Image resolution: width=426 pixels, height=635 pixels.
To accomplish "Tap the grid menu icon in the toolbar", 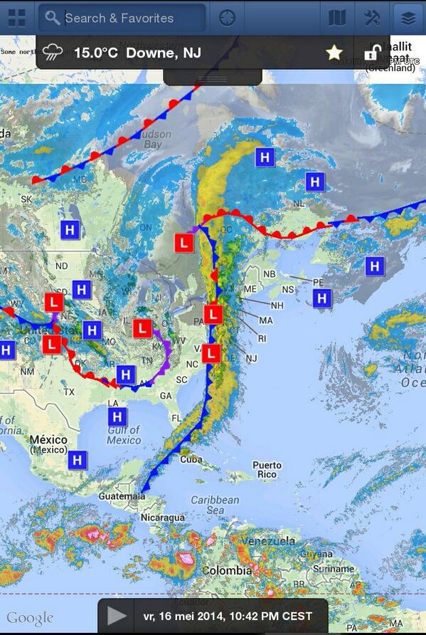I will [16, 17].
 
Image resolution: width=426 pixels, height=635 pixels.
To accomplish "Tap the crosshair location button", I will [227, 17].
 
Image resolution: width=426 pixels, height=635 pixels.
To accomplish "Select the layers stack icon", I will [408, 17].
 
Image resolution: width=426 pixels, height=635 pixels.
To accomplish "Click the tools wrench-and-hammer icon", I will [372, 17].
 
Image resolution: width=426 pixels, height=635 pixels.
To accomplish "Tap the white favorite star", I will [334, 53].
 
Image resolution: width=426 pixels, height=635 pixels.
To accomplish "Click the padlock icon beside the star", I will [371, 53].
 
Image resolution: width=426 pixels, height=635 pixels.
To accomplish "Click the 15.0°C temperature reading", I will [99, 53].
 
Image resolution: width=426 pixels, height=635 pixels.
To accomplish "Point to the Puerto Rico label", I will [267, 470].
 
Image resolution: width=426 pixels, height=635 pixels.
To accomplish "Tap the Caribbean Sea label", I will [215, 505].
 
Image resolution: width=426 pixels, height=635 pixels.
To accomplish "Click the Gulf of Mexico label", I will [124, 435].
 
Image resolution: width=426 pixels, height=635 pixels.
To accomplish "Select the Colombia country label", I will [226, 571].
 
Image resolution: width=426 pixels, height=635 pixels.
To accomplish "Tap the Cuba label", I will [191, 459].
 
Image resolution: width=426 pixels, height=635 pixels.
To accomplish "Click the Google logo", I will [30, 618].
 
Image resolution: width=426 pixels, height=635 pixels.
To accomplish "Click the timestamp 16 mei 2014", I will [227, 616].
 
